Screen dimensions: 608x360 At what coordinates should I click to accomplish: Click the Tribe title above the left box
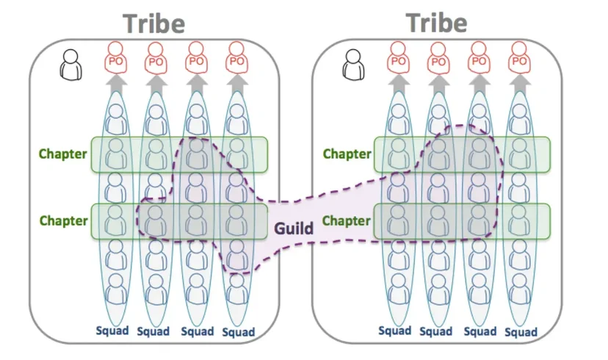[x=154, y=24]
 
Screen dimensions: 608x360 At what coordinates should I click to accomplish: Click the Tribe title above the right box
[x=437, y=23]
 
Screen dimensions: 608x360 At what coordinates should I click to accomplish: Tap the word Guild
[x=294, y=228]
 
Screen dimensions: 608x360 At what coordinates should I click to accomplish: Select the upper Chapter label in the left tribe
[x=63, y=154]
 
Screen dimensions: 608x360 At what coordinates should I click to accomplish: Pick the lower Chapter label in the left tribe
[x=64, y=220]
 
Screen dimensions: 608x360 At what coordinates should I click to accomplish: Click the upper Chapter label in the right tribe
[x=347, y=154]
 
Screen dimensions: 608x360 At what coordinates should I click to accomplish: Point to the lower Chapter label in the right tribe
[x=347, y=220]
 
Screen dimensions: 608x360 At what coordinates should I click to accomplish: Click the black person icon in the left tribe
[x=71, y=65]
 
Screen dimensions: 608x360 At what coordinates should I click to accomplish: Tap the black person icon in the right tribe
[x=354, y=65]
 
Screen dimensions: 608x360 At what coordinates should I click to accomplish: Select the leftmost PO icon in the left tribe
[x=115, y=58]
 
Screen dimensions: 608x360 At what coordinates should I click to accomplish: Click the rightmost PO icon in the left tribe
[x=236, y=58]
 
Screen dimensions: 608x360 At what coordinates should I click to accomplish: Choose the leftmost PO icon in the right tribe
[x=398, y=58]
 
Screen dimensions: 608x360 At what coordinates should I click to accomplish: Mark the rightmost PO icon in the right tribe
[x=519, y=58]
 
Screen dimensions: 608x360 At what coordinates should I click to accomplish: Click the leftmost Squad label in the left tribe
[x=112, y=331]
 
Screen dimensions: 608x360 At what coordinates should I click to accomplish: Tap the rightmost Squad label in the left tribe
[x=239, y=333]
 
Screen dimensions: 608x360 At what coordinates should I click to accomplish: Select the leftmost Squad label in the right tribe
[x=395, y=331]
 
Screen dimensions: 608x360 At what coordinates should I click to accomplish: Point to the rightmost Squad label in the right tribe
[x=521, y=333]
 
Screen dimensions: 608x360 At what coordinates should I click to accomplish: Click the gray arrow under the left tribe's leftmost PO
[x=116, y=84]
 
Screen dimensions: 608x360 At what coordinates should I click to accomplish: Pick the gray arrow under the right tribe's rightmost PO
[x=520, y=84]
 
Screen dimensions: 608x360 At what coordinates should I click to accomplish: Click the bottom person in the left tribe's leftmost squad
[x=116, y=289]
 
